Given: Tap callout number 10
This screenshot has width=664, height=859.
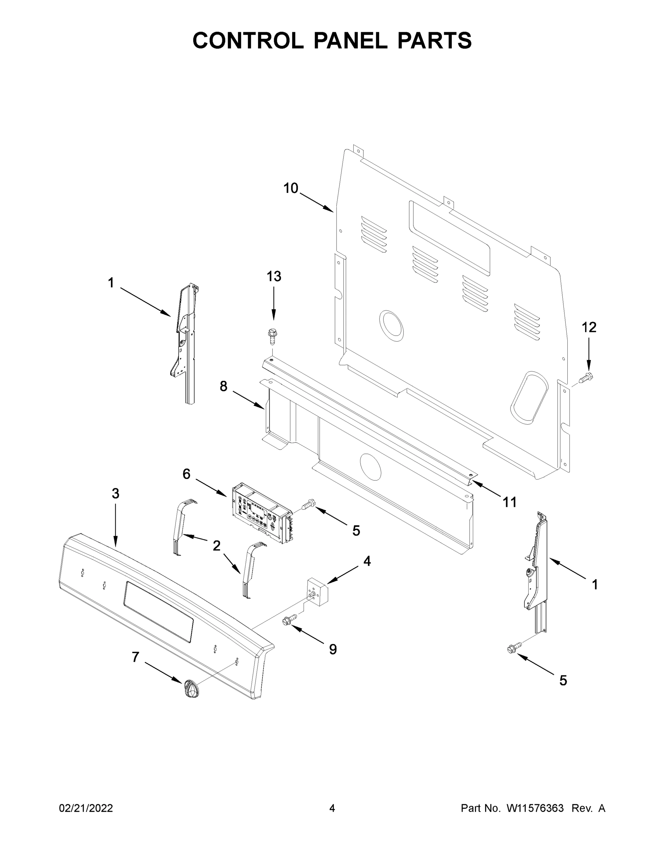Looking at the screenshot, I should (x=291, y=188).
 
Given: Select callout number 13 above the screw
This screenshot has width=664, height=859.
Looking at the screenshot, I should (x=274, y=277).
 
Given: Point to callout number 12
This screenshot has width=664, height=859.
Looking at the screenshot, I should (x=589, y=327).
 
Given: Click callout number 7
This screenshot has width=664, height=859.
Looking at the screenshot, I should (x=135, y=657).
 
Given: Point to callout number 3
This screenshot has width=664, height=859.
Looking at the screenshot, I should (x=115, y=494).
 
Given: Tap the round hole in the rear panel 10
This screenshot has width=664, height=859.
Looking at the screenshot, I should (x=391, y=325).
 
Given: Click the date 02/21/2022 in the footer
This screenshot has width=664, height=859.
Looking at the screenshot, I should (x=86, y=808).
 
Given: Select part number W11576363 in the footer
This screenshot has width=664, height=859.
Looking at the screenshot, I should (x=535, y=808).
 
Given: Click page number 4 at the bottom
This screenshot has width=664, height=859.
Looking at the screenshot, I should (x=332, y=808).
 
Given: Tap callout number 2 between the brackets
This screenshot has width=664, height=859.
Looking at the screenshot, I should (x=216, y=545).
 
